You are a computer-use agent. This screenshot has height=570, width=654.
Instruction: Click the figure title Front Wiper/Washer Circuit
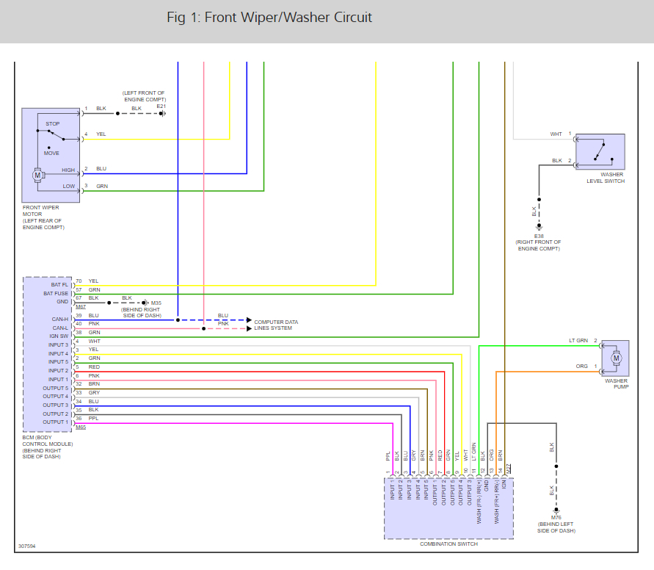click(x=269, y=18)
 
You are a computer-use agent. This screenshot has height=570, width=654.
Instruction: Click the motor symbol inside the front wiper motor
click(x=37, y=175)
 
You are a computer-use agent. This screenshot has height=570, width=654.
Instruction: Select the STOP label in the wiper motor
click(x=53, y=124)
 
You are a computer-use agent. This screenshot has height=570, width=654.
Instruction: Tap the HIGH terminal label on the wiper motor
click(x=68, y=170)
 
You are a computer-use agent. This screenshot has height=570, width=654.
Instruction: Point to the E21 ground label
click(x=161, y=107)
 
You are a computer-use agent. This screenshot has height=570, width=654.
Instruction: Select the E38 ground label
click(x=539, y=235)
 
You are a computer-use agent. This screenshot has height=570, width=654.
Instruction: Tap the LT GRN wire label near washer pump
click(x=578, y=341)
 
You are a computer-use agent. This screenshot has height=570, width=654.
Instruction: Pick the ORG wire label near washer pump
click(x=581, y=367)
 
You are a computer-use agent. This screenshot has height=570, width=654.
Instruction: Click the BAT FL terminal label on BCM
click(x=59, y=284)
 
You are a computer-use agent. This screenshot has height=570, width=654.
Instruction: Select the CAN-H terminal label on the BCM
click(x=59, y=318)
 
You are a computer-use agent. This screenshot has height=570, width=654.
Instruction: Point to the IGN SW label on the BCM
click(x=59, y=336)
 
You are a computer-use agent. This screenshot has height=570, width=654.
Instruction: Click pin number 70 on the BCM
click(x=79, y=281)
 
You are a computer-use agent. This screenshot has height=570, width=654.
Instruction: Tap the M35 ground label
click(x=156, y=302)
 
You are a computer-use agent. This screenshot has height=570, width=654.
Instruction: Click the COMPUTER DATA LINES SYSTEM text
click(x=276, y=325)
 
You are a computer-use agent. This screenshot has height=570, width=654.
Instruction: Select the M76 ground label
click(x=556, y=517)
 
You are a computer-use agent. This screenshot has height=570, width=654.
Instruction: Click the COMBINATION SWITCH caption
click(x=448, y=544)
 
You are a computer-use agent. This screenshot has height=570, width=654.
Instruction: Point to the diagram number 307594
click(x=27, y=546)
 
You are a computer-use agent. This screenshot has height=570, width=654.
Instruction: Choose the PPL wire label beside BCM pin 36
click(x=93, y=419)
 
